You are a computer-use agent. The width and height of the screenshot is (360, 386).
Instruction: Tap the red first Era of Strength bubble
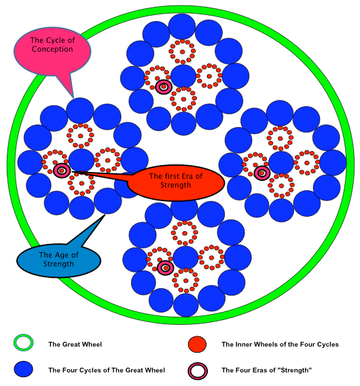click(x=176, y=182)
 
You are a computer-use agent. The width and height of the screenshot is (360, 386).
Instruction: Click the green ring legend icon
click(x=23, y=343)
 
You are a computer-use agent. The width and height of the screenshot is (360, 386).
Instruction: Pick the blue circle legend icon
click(x=23, y=369)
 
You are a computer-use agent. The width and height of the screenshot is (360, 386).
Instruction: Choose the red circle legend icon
click(x=197, y=344)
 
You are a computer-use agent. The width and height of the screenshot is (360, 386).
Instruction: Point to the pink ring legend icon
click(x=198, y=371)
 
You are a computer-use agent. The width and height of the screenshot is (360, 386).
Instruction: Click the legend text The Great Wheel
click(x=75, y=344)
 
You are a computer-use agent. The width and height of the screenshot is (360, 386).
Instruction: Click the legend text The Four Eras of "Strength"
click(x=267, y=370)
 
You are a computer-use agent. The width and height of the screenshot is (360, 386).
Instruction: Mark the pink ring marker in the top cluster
click(x=164, y=87)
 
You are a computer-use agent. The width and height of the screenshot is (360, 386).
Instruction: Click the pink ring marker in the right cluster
click(x=262, y=173)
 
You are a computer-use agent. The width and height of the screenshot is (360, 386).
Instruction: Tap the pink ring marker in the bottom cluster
click(x=166, y=268)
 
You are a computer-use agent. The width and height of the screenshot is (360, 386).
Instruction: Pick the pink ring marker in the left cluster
click(x=62, y=171)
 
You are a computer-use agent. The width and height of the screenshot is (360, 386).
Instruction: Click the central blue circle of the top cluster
click(x=183, y=76)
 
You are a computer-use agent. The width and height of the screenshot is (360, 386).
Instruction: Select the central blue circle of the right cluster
click(x=281, y=163)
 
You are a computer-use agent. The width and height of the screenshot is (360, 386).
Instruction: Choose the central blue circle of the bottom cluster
click(x=185, y=258)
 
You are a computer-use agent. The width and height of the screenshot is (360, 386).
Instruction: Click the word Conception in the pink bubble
click(x=52, y=49)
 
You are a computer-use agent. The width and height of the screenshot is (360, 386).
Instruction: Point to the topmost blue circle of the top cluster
click(x=182, y=27)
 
